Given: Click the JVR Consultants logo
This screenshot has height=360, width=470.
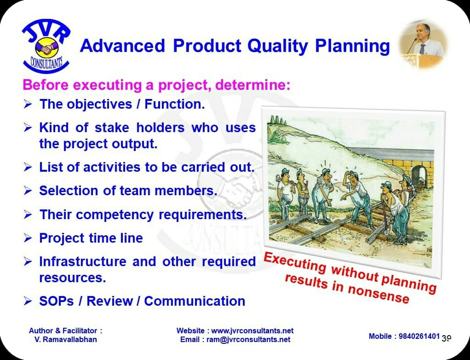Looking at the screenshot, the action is (x=46, y=46).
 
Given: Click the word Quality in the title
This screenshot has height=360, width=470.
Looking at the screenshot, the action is (x=278, y=46).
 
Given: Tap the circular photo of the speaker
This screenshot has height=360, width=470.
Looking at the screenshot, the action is (x=423, y=44).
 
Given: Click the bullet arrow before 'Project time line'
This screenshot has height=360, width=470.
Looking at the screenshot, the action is (x=28, y=238).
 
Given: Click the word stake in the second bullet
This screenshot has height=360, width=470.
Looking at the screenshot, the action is (x=112, y=128).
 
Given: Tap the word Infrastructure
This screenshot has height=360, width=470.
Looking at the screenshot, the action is (x=83, y=261).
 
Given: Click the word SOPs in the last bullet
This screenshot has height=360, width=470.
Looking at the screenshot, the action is (x=57, y=301).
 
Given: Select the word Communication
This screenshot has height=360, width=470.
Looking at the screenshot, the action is (x=195, y=301).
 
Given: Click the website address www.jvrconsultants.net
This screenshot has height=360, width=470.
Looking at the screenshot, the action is (x=252, y=331).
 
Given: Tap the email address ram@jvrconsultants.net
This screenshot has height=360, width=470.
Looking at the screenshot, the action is (x=248, y=339).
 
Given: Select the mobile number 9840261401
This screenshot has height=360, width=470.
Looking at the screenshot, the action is (x=419, y=336).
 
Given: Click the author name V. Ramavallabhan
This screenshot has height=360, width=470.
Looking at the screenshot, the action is (x=66, y=339).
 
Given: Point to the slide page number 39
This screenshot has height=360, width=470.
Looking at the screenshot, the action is (x=447, y=338).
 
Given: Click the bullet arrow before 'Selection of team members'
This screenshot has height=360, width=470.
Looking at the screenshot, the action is (x=28, y=191).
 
